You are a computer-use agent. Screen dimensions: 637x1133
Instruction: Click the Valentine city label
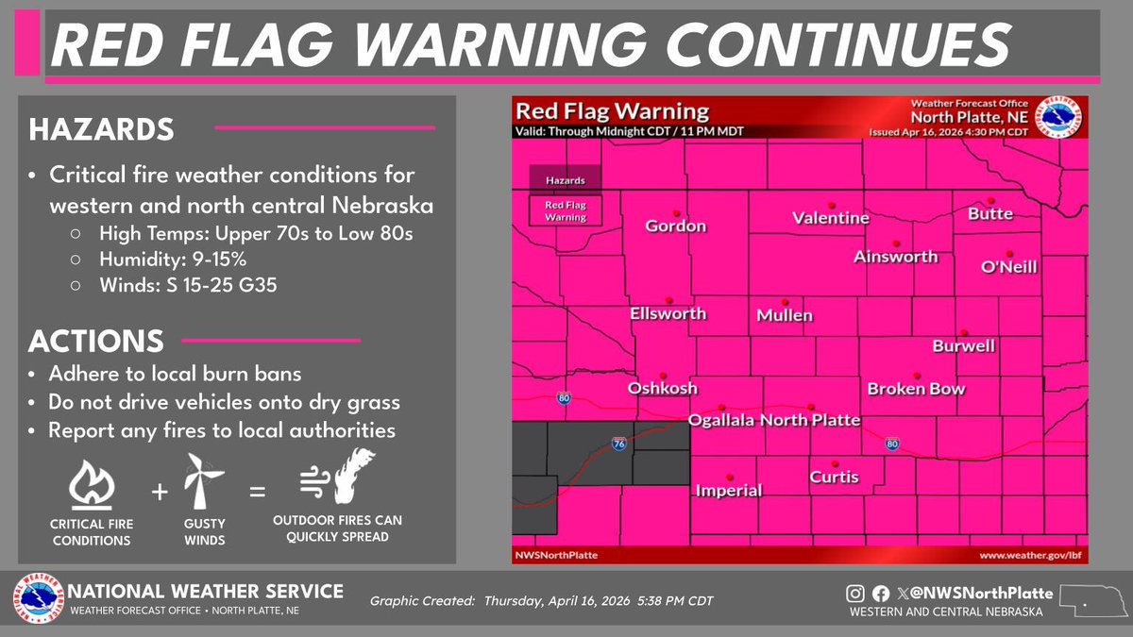[831, 218]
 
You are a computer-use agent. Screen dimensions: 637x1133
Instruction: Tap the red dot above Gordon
[676, 211]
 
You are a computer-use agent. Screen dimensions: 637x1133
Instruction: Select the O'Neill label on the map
[1008, 267]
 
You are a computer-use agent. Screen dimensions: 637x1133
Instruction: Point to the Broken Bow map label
[917, 389]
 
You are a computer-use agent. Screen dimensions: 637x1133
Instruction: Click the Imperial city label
[728, 490]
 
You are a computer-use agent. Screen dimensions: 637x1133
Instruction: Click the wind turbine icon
[204, 483]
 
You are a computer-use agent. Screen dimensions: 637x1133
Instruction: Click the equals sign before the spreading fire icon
[256, 492]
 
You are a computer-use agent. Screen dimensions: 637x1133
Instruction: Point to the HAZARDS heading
[101, 129]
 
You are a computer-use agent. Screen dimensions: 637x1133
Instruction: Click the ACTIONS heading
[96, 341]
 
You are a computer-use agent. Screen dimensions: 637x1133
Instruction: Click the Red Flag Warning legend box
[565, 210]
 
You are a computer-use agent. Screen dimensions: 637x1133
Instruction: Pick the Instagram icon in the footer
[854, 595]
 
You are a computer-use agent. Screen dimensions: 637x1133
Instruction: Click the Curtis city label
[835, 477]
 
